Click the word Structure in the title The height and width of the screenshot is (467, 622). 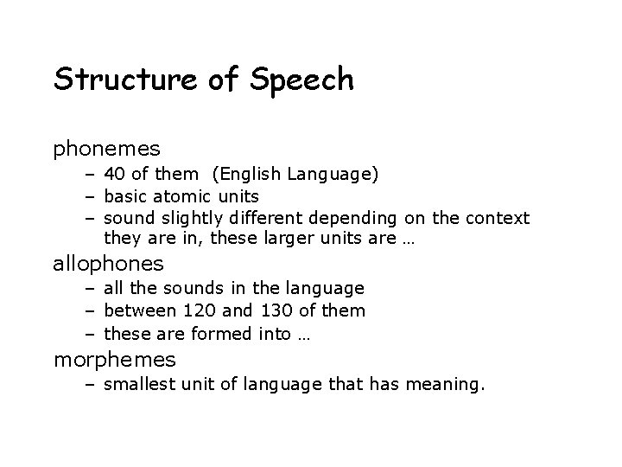127,80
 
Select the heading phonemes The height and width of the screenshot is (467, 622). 107,150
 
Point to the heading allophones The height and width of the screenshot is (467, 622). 108,262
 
